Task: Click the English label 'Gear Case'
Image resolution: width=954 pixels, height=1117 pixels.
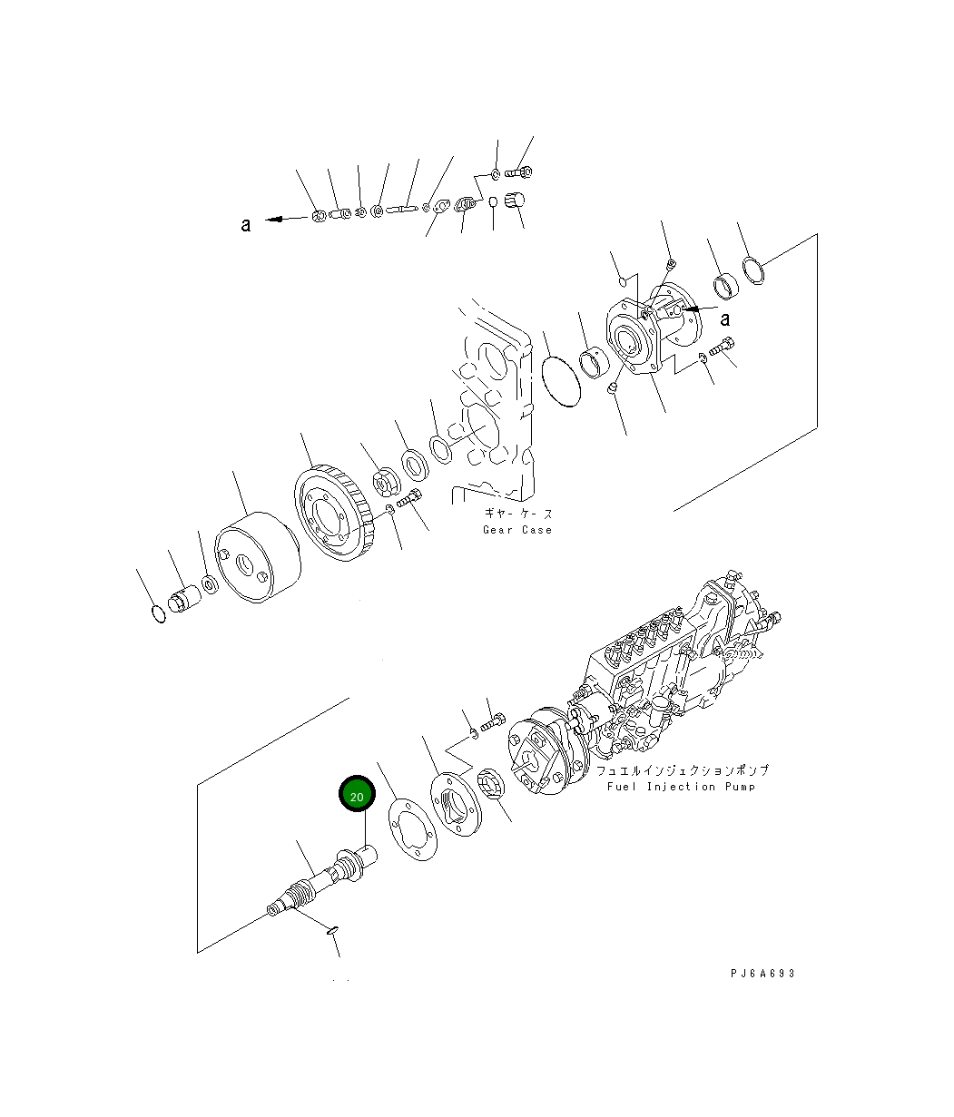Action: click(516, 530)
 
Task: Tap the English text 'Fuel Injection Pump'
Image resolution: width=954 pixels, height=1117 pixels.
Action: click(681, 787)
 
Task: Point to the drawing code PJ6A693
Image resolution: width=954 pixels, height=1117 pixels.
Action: click(762, 974)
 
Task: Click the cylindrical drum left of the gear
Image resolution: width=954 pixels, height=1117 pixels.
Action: click(257, 557)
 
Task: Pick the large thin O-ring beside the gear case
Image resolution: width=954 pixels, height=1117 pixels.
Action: click(561, 381)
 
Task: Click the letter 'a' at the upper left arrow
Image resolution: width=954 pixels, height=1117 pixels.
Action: click(245, 225)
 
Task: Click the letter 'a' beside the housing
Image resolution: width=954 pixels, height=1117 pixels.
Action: click(725, 318)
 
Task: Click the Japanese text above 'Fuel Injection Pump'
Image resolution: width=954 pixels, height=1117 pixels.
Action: click(682, 770)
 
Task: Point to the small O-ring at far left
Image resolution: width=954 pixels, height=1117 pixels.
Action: click(158, 614)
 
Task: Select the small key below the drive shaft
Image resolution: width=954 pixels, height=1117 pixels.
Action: click(331, 928)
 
